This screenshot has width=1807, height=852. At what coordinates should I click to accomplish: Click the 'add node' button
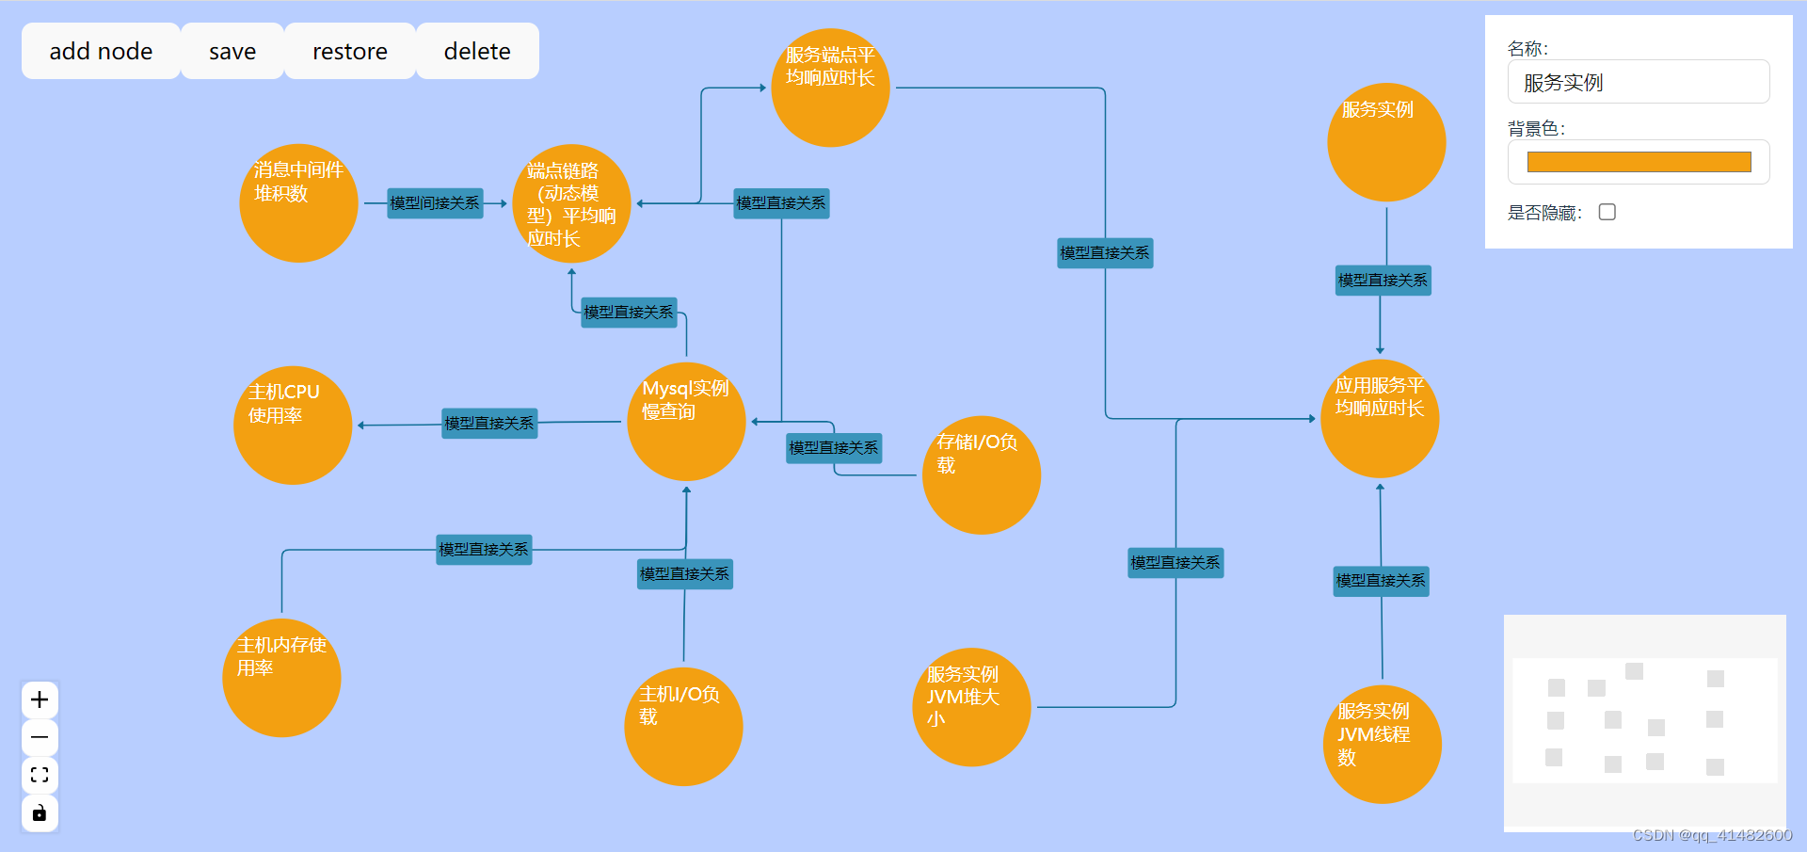(x=101, y=51)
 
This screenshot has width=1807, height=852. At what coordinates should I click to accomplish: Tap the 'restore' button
(x=349, y=51)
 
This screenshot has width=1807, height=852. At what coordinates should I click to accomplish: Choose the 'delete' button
(x=477, y=51)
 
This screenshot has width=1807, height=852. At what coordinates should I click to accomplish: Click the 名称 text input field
(x=1638, y=83)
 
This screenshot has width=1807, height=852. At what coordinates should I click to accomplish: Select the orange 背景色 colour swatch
(x=1638, y=162)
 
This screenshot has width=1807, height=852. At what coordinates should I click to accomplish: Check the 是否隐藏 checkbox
(x=1607, y=213)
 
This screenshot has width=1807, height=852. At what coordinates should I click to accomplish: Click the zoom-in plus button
(x=40, y=699)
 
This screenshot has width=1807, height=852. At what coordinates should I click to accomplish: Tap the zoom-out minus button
(x=40, y=737)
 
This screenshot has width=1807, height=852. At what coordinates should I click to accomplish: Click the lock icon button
(x=40, y=812)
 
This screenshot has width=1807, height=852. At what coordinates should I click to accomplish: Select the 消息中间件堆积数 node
(x=298, y=203)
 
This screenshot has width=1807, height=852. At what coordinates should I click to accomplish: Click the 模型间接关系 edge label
(x=435, y=203)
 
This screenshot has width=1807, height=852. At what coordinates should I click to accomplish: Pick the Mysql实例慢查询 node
(x=686, y=422)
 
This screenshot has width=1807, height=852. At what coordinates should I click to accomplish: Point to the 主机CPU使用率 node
(x=293, y=426)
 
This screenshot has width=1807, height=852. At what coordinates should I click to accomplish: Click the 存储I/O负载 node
(x=981, y=475)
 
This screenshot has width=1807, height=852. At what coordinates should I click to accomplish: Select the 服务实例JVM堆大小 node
(x=971, y=707)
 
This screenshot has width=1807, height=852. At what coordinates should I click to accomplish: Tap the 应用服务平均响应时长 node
(x=1380, y=419)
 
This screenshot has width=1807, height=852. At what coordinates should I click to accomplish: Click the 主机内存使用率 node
(x=281, y=678)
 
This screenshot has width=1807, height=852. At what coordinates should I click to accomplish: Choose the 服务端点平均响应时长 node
(x=830, y=88)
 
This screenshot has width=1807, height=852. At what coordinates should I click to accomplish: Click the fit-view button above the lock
(x=40, y=775)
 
